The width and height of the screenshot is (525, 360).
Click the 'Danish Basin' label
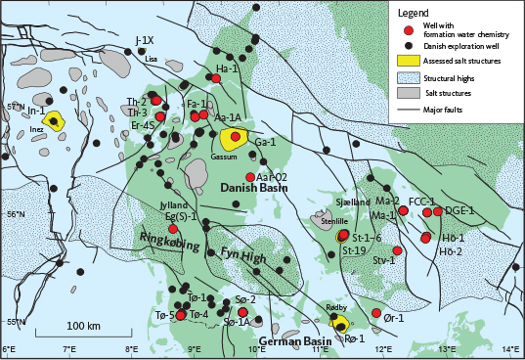(x=248, y=187)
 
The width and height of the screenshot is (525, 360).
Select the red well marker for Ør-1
(x=376, y=313)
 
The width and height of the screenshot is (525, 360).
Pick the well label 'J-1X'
(x=143, y=40)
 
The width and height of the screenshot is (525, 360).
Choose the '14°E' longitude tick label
(x=509, y=349)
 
